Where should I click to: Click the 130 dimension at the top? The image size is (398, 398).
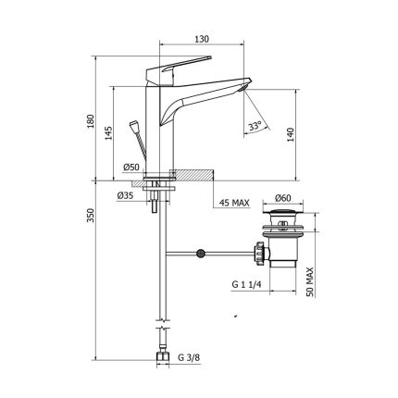coord(202,39)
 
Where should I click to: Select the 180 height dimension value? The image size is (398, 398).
coord(91,121)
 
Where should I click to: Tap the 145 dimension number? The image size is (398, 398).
coord(108,133)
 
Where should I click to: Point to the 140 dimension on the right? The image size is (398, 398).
coord(291,134)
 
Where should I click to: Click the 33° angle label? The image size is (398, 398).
coord(255,126)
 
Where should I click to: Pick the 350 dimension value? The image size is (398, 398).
coord(91,216)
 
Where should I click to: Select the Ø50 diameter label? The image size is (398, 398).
coord(131,168)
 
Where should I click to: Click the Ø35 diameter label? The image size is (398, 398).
coord(125,195)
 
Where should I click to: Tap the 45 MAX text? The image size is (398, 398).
coord(234,203)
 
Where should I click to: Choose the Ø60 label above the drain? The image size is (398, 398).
coord(283,198)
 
